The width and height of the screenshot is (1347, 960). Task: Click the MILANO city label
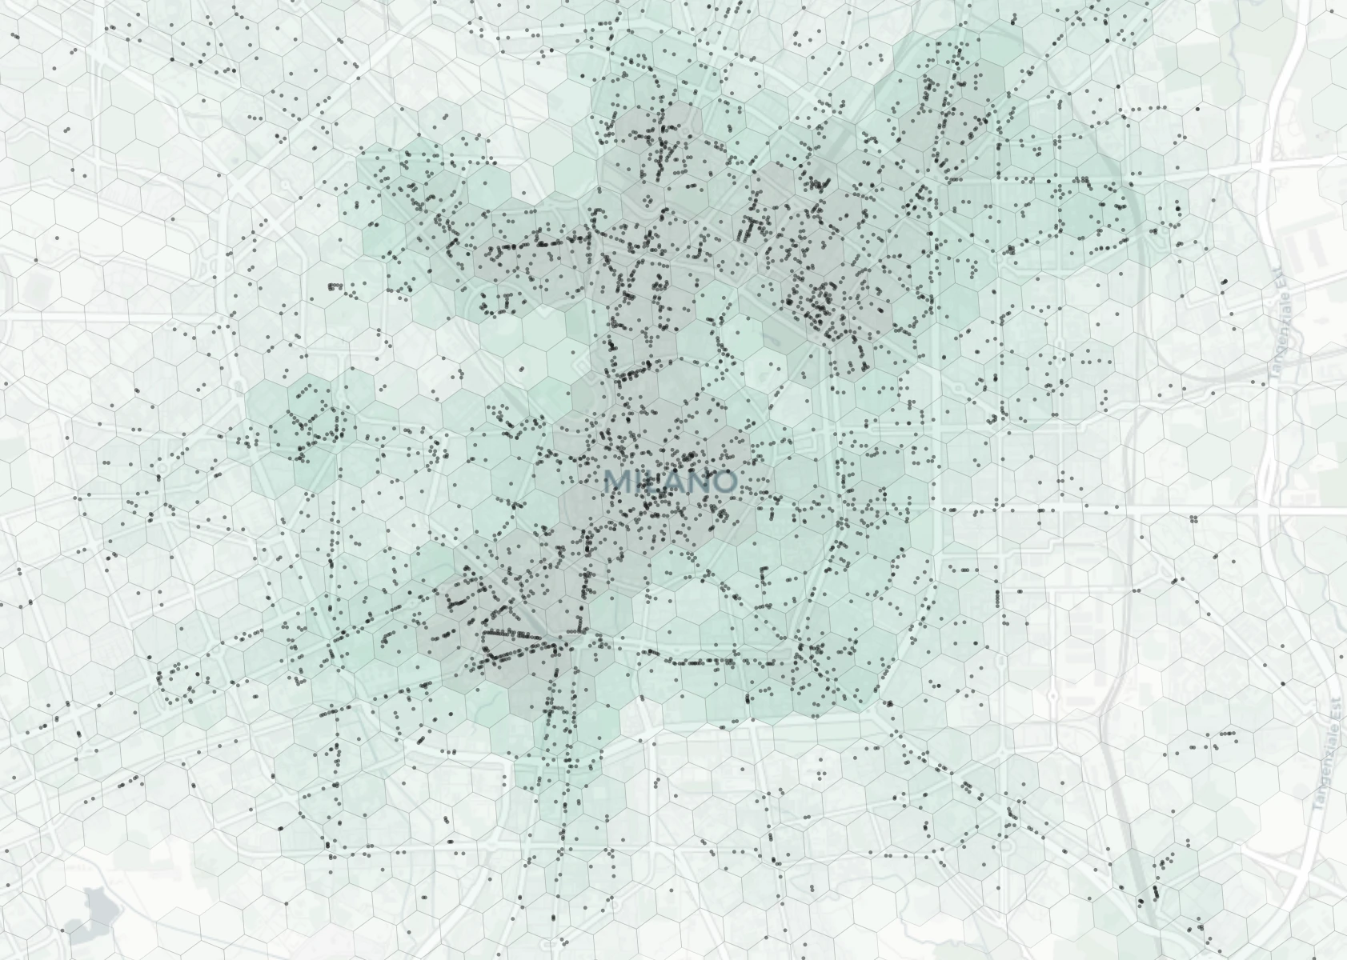pos(669,482)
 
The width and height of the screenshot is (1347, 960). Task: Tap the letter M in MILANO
pos(616,482)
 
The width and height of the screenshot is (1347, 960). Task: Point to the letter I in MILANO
pos(635,482)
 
